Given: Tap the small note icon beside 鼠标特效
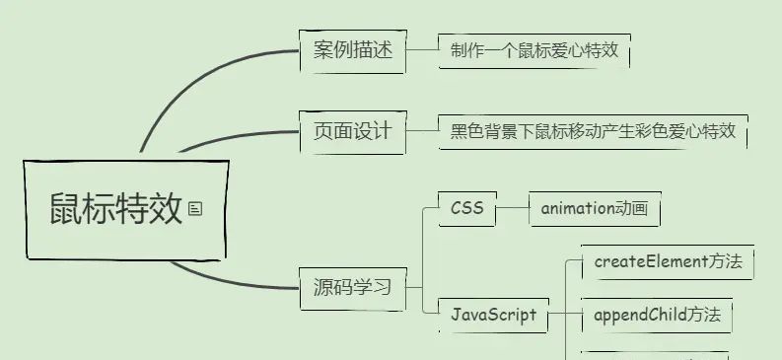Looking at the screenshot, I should (x=195, y=208).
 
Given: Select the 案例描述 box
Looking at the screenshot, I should (x=352, y=50).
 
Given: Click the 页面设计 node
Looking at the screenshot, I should (x=352, y=130).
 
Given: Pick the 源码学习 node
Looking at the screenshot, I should (x=352, y=288).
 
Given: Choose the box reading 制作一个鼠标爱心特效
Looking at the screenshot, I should (x=533, y=50).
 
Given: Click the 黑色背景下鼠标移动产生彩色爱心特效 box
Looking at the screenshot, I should (x=593, y=130).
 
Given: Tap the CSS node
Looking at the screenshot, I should (x=466, y=209).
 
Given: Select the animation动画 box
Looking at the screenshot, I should (x=594, y=209).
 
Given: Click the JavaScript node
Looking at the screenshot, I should (x=493, y=315).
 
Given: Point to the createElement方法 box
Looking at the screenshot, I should (x=667, y=262).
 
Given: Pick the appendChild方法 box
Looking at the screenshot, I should (x=657, y=316).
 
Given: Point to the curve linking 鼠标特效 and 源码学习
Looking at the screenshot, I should (x=227, y=280).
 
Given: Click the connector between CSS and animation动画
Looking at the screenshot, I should (x=513, y=209).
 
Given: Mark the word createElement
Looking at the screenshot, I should (x=642, y=262).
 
